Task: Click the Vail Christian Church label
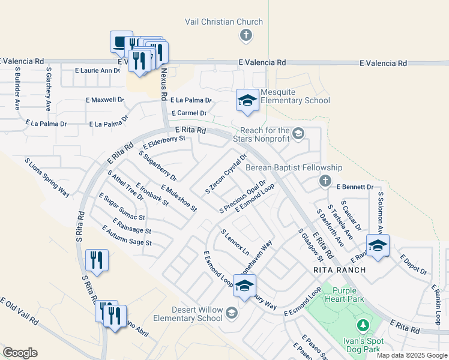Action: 223,22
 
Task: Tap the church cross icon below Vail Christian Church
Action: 245,36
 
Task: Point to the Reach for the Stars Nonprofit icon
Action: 299,133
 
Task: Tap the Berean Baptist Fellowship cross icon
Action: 325,180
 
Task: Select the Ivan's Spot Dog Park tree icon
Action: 362,325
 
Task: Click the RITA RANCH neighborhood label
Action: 339,271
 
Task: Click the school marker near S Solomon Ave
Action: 378,245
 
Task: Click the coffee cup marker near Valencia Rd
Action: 121,42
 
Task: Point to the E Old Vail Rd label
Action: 19,311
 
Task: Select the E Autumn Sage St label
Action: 127,236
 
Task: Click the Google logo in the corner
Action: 20,352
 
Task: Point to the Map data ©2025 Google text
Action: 411,355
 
